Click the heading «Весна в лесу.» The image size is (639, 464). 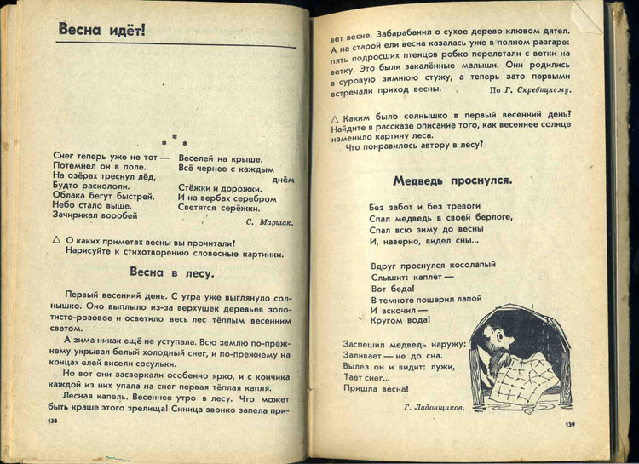(171, 273)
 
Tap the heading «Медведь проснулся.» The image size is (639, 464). (452, 180)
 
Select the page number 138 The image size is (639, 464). (52, 420)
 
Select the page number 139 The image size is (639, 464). (571, 424)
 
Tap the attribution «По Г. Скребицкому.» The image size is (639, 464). (529, 89)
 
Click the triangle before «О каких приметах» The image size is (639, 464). (57, 242)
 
